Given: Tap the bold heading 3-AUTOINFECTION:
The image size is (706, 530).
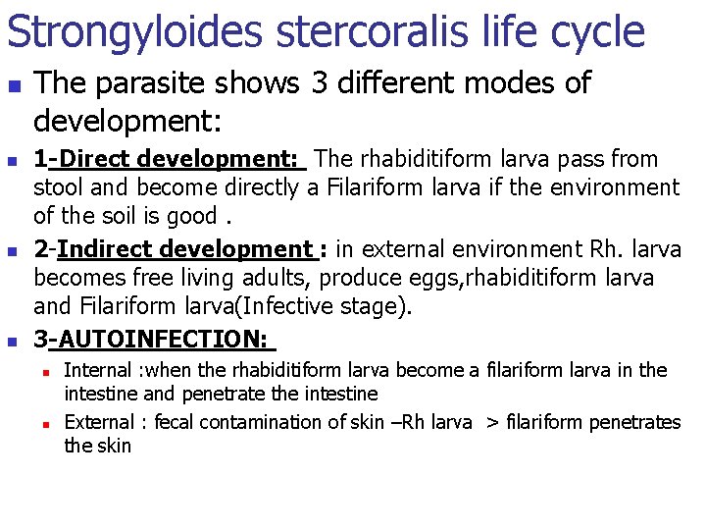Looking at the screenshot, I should (155, 341).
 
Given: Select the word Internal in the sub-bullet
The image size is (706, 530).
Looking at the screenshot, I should (97, 371).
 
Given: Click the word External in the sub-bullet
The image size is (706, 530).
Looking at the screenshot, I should (98, 423).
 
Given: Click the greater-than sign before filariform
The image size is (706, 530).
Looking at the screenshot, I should (491, 423).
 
